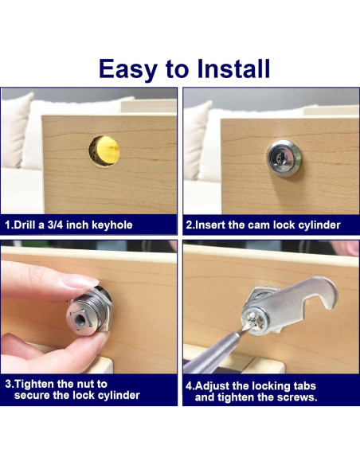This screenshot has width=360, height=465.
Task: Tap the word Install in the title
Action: [x=233, y=68]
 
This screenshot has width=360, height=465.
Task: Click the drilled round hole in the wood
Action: [x=104, y=151]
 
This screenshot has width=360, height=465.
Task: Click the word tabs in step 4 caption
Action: [x=304, y=386]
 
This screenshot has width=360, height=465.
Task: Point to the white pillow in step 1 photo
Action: [x=16, y=130]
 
